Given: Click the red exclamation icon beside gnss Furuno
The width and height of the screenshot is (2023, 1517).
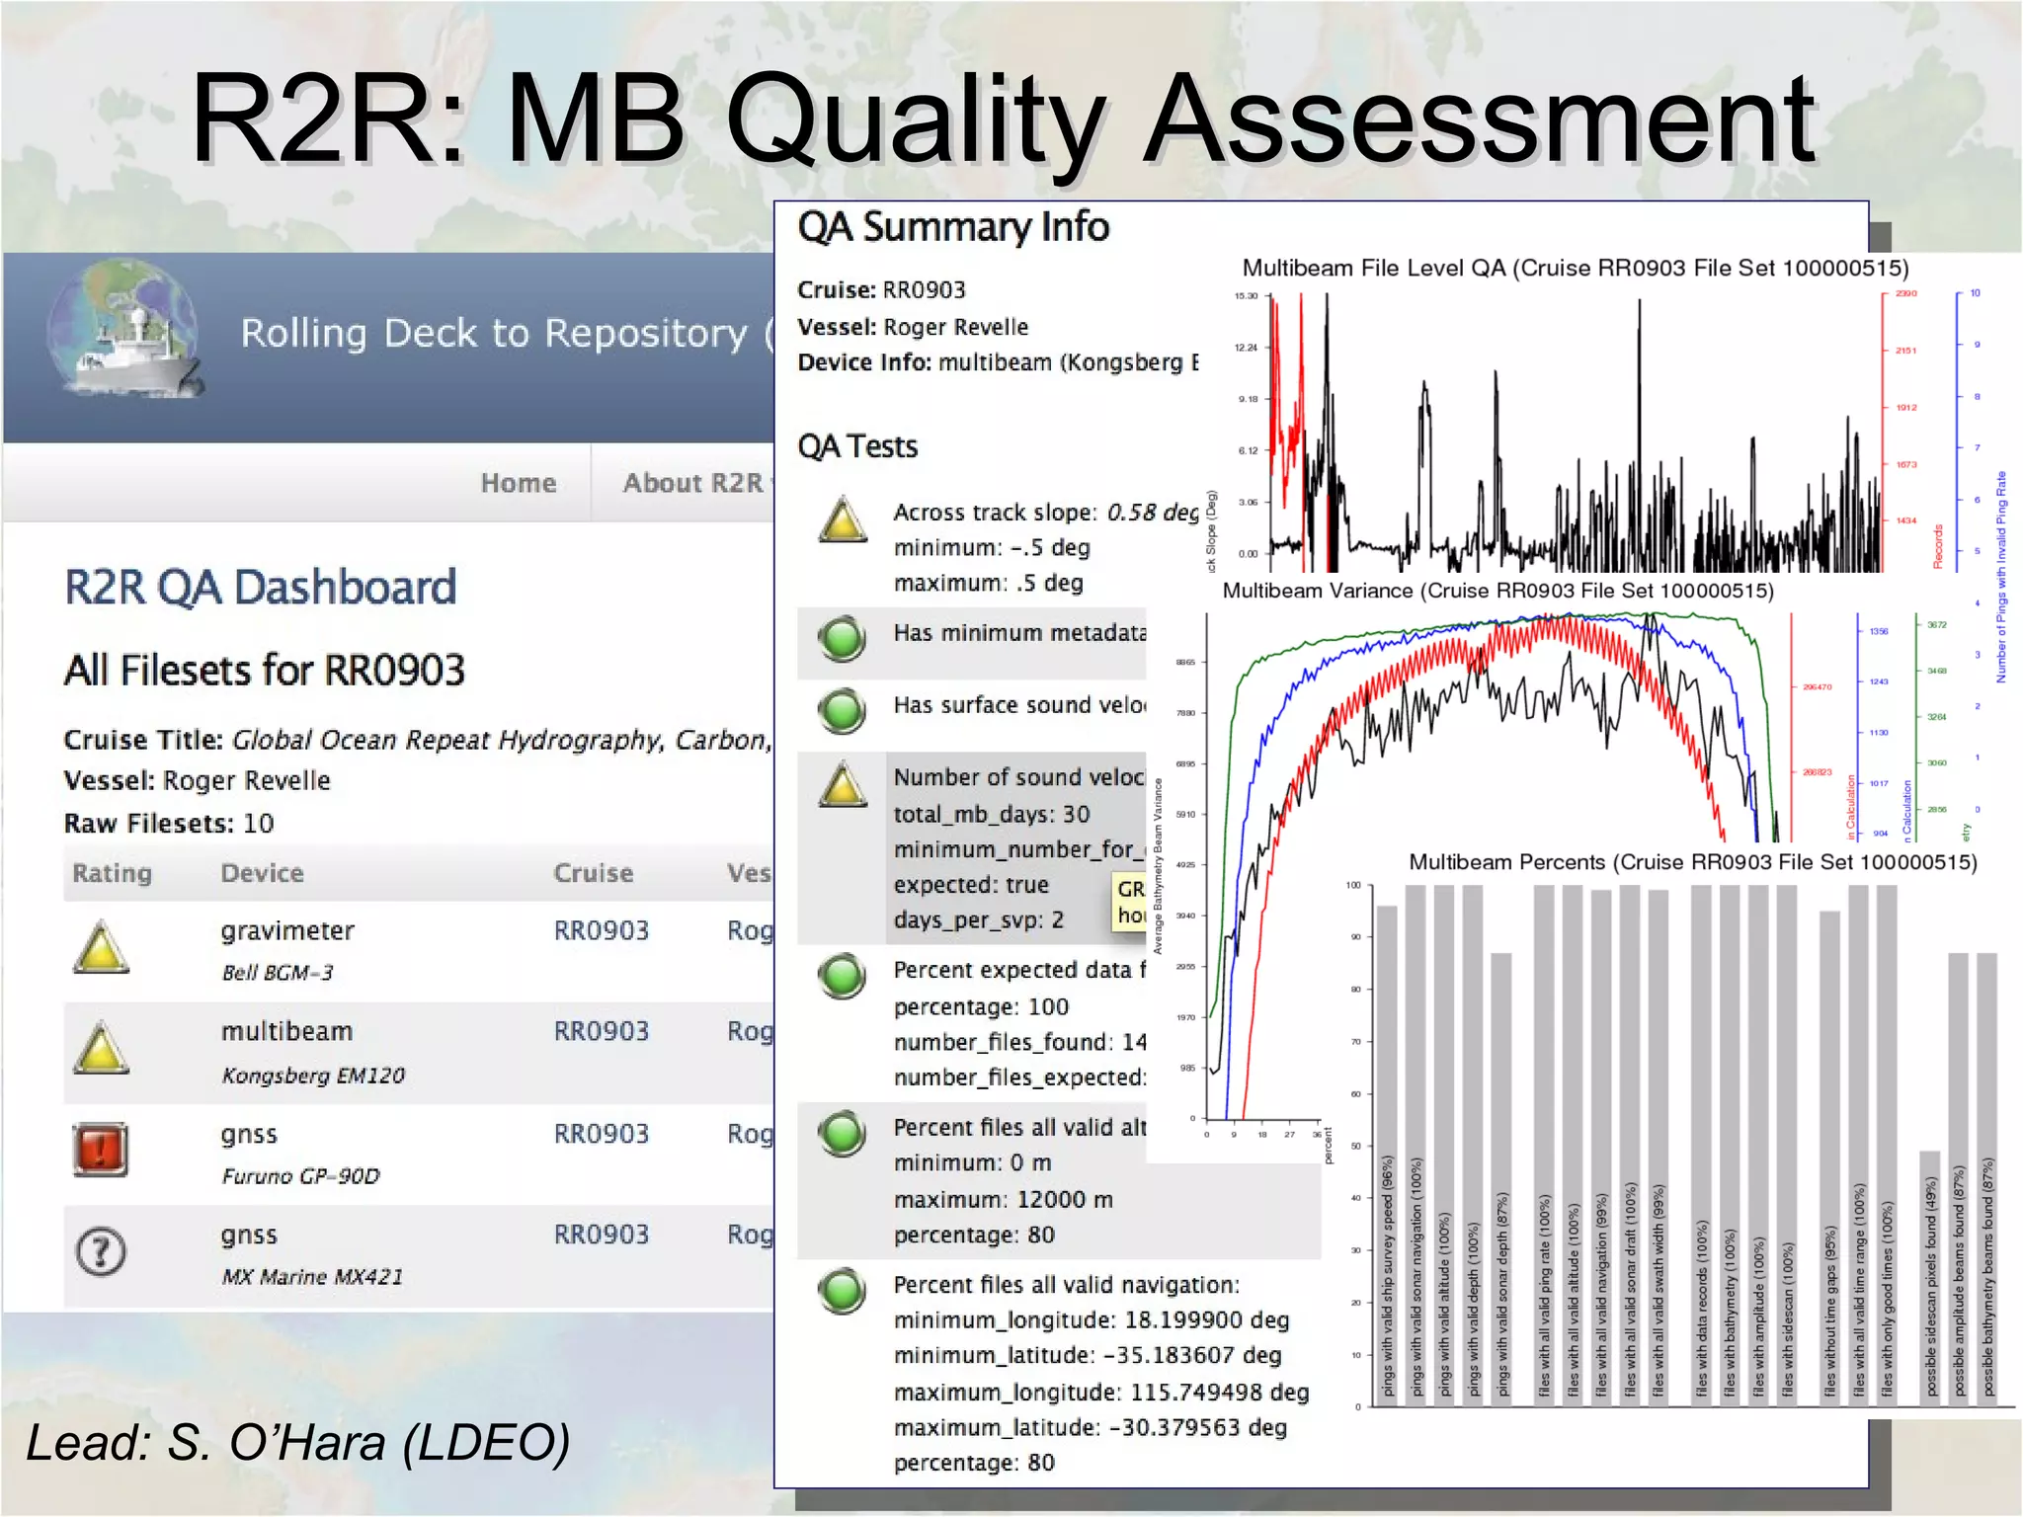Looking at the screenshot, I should [x=101, y=1150].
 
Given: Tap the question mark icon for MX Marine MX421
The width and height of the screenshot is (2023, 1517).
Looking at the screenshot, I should [x=101, y=1251].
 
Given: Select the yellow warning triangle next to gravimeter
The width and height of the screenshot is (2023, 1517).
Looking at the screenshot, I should [x=101, y=948].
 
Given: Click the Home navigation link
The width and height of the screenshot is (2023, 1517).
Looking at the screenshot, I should [x=518, y=483].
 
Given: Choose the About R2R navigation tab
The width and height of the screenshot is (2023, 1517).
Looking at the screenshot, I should [x=693, y=483].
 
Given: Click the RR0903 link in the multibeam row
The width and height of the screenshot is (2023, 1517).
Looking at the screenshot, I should [x=601, y=1031].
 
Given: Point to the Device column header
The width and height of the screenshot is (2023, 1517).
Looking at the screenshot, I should [x=262, y=873].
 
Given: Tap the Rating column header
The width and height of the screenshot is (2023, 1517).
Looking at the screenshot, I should [x=112, y=873].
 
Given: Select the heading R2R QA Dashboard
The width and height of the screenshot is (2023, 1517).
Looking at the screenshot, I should [x=260, y=588].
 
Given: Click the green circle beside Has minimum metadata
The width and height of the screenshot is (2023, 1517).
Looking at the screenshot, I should [x=842, y=638].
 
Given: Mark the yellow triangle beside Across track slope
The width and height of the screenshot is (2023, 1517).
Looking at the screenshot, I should [x=843, y=519].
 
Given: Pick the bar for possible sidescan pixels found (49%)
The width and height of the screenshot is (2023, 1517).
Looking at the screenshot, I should [x=1930, y=1274].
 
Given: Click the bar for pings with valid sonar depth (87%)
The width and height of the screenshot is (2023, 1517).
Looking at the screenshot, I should [x=1501, y=1175].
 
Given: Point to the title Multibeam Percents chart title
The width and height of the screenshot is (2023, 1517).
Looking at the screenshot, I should [x=1692, y=862].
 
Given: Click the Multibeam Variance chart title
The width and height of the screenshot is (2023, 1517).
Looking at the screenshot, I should [x=1497, y=591].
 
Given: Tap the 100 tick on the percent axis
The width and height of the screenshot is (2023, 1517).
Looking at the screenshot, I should [x=1353, y=885].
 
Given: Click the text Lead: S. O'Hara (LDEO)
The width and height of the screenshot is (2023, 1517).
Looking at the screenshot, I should [x=298, y=1442].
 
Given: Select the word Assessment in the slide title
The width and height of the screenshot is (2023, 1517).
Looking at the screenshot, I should [x=1479, y=119].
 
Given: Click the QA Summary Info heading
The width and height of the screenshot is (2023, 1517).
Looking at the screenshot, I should [x=953, y=227].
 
